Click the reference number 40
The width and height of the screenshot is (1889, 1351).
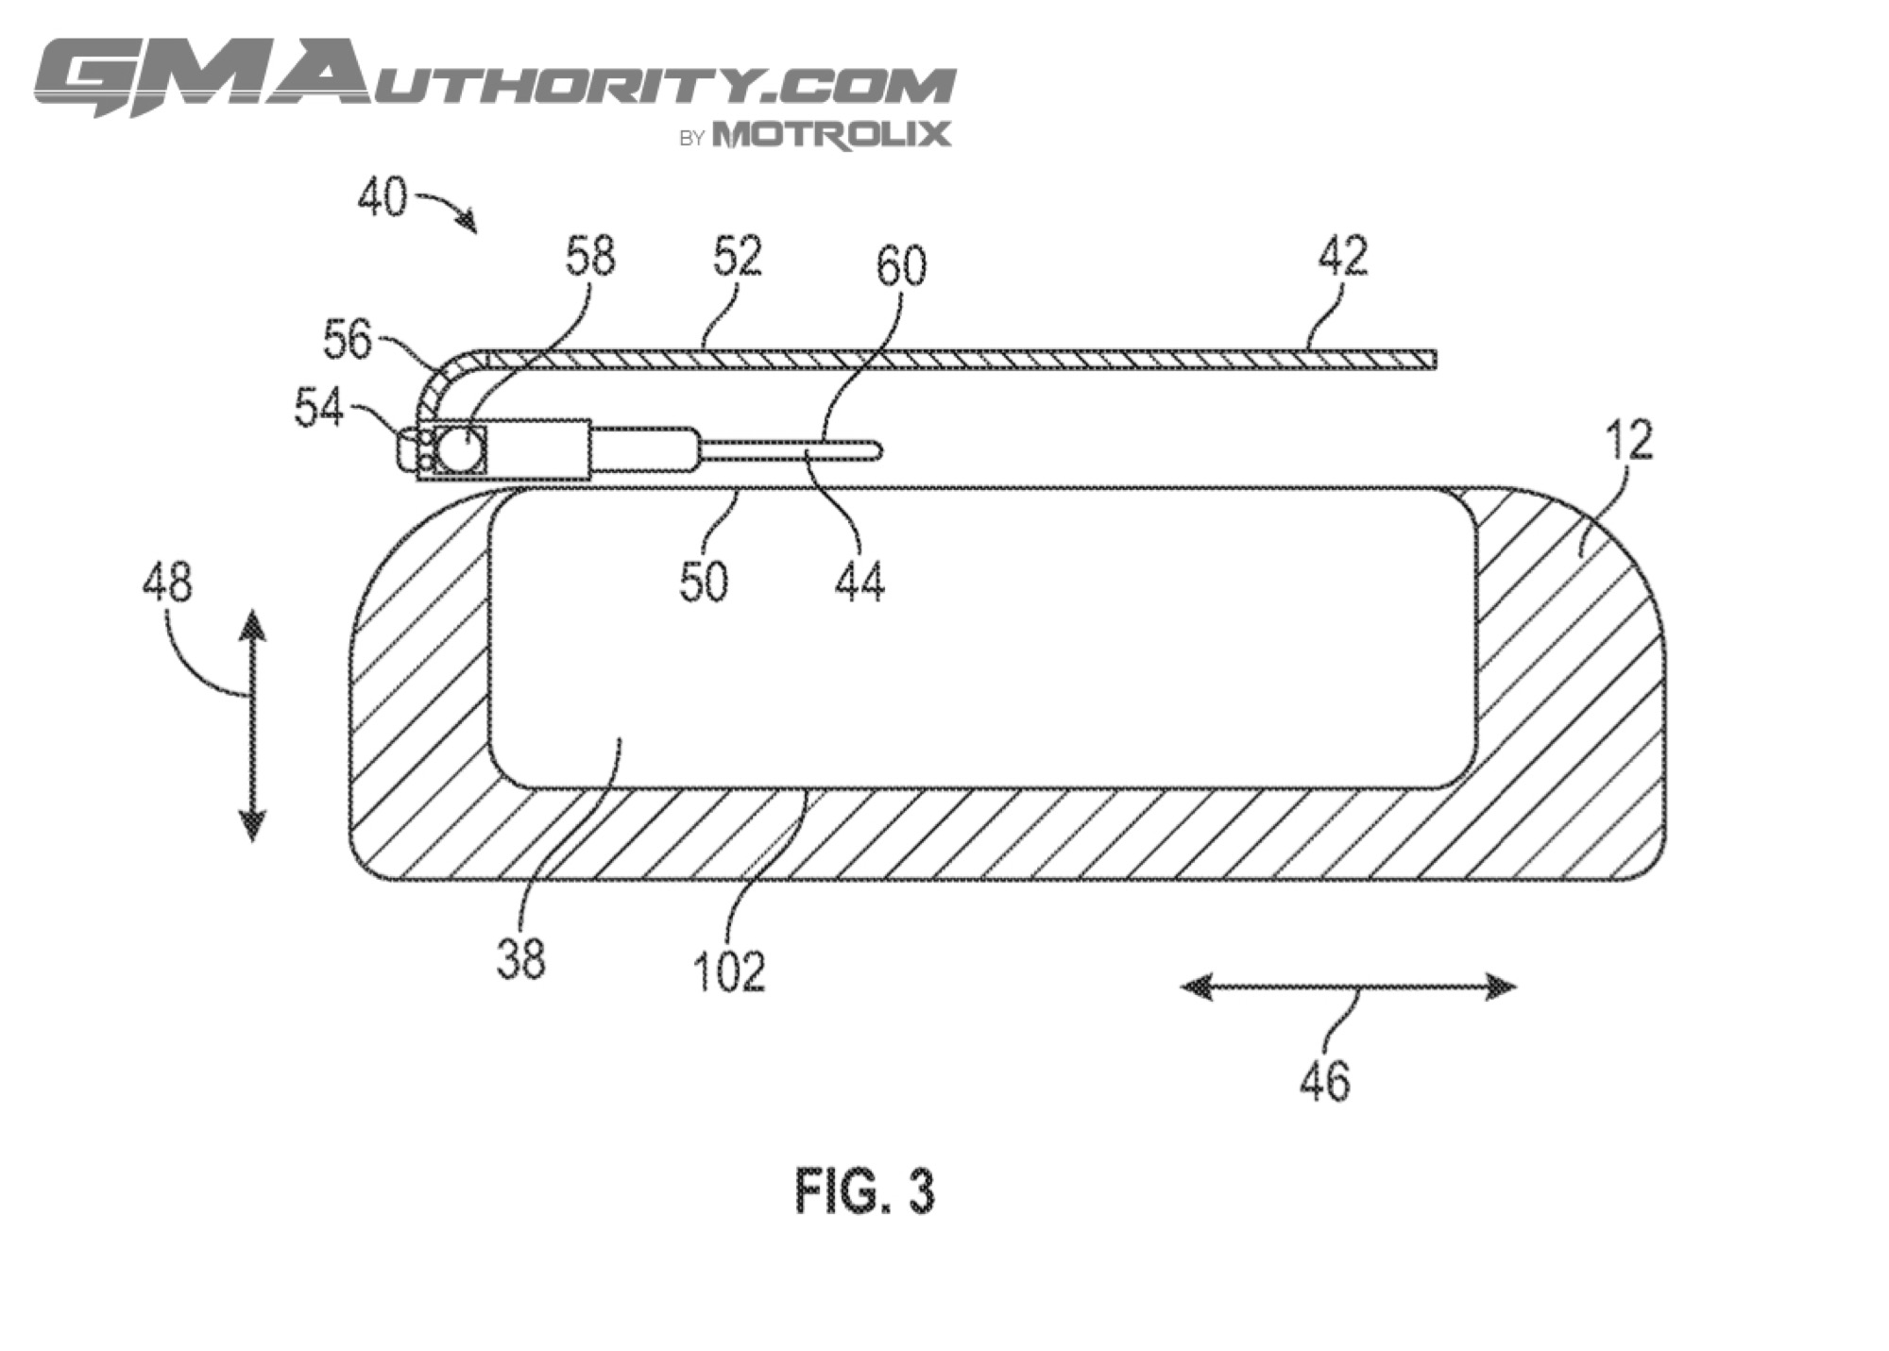coord(383,198)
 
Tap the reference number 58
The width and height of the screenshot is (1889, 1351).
coord(590,256)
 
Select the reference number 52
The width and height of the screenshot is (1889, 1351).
coord(737,256)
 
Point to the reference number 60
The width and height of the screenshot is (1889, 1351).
coord(901,266)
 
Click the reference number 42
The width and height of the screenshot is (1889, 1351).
coord(1342,256)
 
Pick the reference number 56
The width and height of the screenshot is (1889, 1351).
coord(348,340)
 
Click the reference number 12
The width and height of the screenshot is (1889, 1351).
coord(1628,440)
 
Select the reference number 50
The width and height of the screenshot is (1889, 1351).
coord(705,582)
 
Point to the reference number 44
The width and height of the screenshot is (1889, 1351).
coord(859,582)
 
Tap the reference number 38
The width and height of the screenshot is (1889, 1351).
coord(520,959)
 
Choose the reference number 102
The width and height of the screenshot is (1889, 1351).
coord(728,971)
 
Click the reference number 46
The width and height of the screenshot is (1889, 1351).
coord(1325,1081)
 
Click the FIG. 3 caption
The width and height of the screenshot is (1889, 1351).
coord(864,1191)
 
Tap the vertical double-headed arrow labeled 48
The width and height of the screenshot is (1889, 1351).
coord(252,725)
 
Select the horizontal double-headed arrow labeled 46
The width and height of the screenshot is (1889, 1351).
coord(1349,988)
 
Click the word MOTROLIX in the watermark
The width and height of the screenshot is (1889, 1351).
coord(832,134)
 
